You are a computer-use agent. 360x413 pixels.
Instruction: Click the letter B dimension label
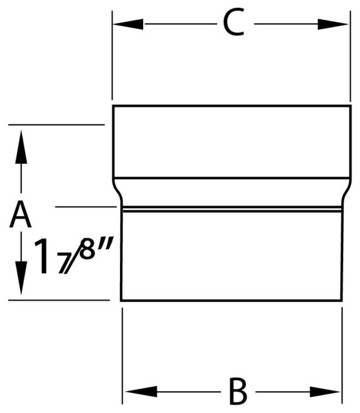238,391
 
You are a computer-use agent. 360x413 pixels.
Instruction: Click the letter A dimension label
20,214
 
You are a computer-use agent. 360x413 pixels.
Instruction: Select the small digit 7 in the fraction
64,264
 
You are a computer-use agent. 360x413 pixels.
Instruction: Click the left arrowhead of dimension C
128,25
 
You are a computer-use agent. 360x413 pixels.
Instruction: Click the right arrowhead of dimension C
333,25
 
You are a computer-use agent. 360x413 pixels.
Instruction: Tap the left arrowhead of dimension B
141,392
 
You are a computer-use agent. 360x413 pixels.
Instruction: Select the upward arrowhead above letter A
21,147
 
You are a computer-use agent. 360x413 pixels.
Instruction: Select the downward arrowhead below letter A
21,278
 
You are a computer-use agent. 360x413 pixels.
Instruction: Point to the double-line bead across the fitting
232,209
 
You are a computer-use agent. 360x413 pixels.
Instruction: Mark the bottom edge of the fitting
231,300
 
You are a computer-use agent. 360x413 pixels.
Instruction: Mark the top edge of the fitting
232,106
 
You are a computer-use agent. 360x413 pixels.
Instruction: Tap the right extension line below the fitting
342,356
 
